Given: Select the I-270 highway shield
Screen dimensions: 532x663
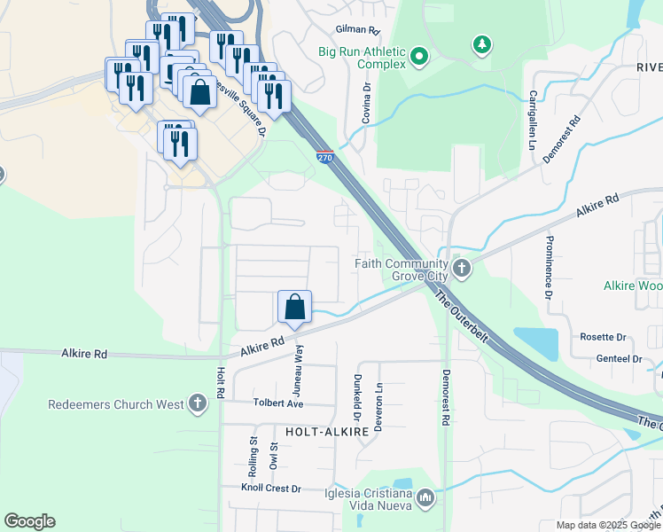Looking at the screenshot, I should [324, 157].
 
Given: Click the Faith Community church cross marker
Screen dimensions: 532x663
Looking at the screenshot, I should [460, 267].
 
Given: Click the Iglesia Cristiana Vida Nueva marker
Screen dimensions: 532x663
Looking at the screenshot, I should [425, 499].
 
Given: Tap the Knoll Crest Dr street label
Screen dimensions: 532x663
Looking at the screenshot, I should [272, 488].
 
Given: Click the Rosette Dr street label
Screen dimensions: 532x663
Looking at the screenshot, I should [603, 337].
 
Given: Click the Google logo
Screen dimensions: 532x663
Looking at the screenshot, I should [29, 521].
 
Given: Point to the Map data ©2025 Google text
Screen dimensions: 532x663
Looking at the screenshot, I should [609, 525].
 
